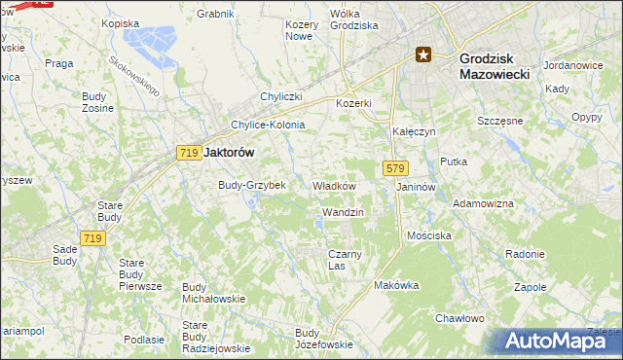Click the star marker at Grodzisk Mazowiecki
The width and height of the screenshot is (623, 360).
[x=423, y=54]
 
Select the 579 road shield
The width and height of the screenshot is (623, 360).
[x=394, y=168]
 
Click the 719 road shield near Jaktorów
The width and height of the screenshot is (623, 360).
[x=189, y=153]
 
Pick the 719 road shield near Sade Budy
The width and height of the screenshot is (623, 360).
[x=93, y=238]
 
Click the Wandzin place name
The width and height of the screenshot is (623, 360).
[x=342, y=212]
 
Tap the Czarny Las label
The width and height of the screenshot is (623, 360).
[x=337, y=260]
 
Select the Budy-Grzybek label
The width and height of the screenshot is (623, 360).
[x=251, y=185]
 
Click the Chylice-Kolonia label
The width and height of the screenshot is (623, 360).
[x=268, y=125]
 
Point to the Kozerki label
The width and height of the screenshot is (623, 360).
[x=354, y=103]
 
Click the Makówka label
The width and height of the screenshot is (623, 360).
[x=396, y=286]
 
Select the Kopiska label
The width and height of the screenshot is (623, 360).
[x=121, y=22]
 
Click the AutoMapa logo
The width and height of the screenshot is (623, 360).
[x=558, y=341]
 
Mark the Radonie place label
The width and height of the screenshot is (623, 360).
[x=525, y=254]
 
